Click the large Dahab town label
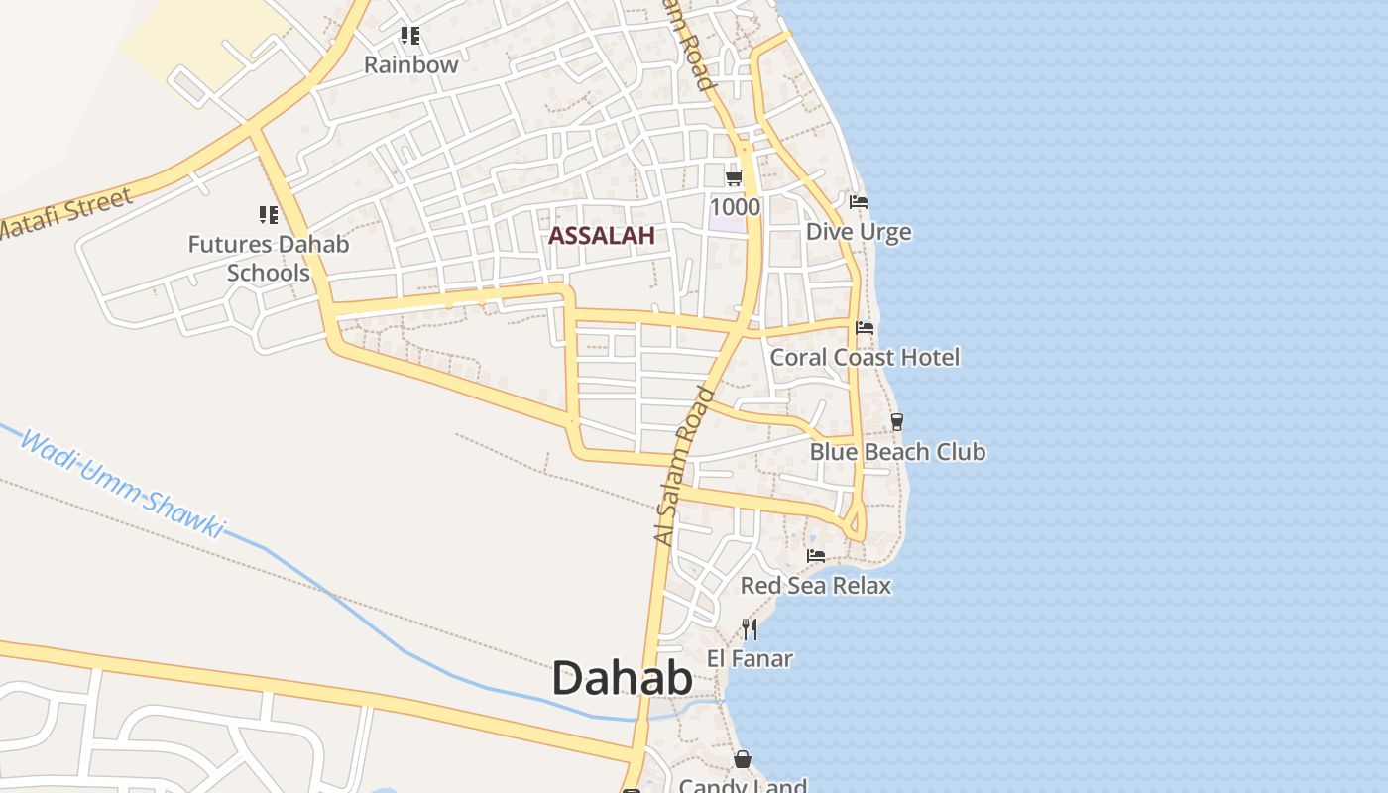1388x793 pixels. [622, 679]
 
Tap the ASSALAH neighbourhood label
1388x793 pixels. [602, 236]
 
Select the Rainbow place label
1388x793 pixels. [410, 65]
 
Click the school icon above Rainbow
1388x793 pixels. [409, 37]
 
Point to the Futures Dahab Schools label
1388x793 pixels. [269, 258]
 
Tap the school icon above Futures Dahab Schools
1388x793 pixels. [268, 214]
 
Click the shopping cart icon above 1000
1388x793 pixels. [735, 177]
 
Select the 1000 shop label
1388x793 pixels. [735, 207]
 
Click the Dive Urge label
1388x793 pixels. [859, 232]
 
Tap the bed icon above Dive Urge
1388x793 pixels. [859, 202]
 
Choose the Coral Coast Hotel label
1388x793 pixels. [865, 357]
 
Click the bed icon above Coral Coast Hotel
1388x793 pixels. [865, 328]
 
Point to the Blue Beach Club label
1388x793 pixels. [897, 452]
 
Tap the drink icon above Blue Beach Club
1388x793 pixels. [897, 422]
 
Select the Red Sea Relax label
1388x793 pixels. [816, 586]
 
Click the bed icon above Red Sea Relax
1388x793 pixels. [816, 556]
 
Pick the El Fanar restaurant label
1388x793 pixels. [750, 658]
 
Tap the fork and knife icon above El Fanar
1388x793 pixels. [750, 628]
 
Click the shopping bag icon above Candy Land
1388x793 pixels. [743, 760]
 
